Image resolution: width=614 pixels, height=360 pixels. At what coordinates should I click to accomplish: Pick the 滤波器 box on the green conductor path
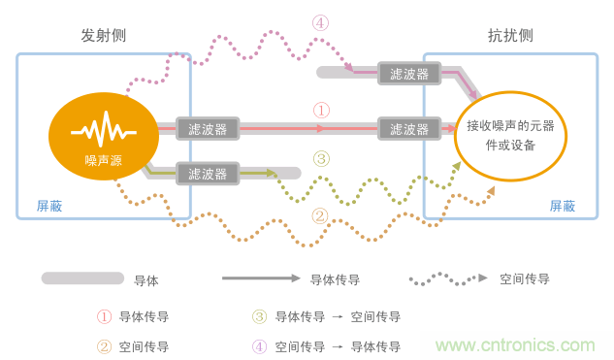click(208, 174)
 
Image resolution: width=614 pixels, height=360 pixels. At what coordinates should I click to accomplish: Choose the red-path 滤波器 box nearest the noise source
click(208, 128)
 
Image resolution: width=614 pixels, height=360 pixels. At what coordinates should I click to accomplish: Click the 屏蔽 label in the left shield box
click(49, 206)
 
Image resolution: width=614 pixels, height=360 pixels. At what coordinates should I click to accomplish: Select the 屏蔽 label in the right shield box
click(563, 206)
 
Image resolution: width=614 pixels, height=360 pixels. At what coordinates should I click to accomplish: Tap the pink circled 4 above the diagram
click(321, 22)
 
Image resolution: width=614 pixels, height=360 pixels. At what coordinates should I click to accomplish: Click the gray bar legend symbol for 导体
click(82, 278)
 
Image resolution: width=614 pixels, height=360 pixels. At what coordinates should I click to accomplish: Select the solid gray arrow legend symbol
click(261, 278)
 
